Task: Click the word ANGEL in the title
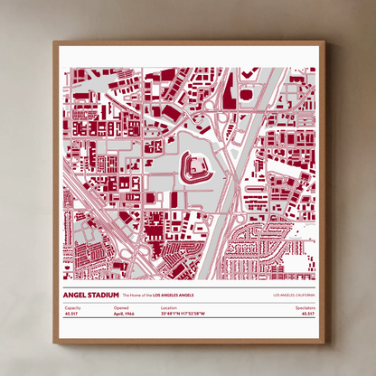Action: click(x=78, y=295)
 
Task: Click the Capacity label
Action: click(x=72, y=307)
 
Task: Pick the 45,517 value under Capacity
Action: click(x=72, y=314)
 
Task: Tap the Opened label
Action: click(x=121, y=307)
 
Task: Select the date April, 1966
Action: click(x=125, y=314)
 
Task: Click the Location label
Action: click(x=169, y=307)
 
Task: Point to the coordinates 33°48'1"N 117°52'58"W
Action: click(x=183, y=314)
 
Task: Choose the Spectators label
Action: click(x=305, y=307)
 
